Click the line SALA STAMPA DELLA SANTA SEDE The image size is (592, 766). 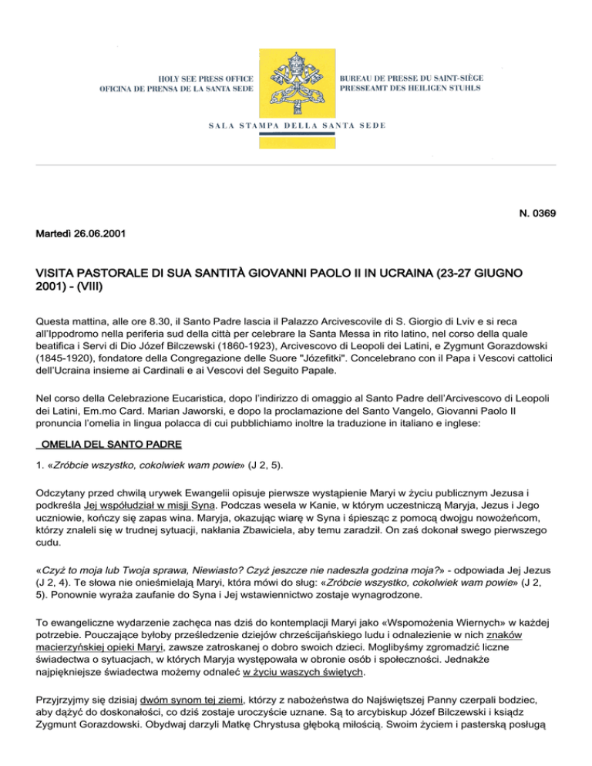[296, 125]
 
